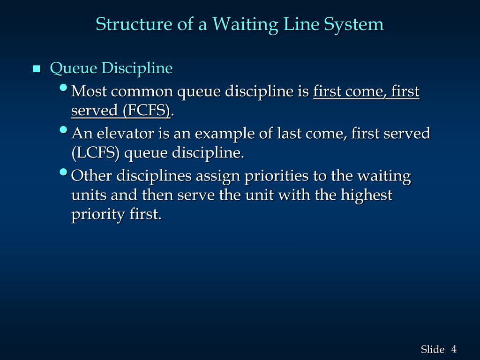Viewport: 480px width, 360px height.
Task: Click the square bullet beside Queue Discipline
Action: click(x=37, y=70)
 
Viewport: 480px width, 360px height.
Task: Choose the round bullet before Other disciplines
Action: click(x=64, y=172)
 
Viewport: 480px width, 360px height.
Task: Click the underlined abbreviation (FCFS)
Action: click(x=146, y=111)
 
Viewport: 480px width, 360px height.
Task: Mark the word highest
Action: click(x=367, y=195)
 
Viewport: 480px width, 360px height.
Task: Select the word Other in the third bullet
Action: click(x=91, y=176)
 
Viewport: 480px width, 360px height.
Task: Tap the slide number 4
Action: click(x=454, y=349)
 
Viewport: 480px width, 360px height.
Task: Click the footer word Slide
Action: click(x=432, y=349)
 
